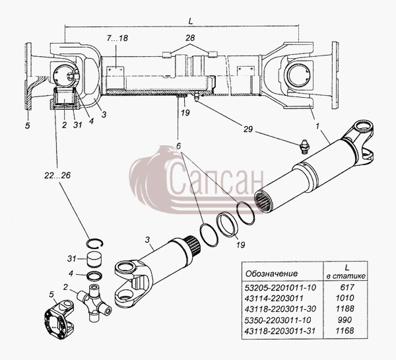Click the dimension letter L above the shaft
(x=191, y=22)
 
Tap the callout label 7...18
(x=117, y=38)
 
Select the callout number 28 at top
(x=190, y=38)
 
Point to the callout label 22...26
(x=57, y=175)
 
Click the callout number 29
(x=247, y=129)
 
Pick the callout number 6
(x=179, y=146)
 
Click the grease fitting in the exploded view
(x=304, y=147)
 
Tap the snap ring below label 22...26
(x=95, y=242)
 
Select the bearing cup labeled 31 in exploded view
(x=95, y=260)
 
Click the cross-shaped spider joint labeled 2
(x=94, y=302)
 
